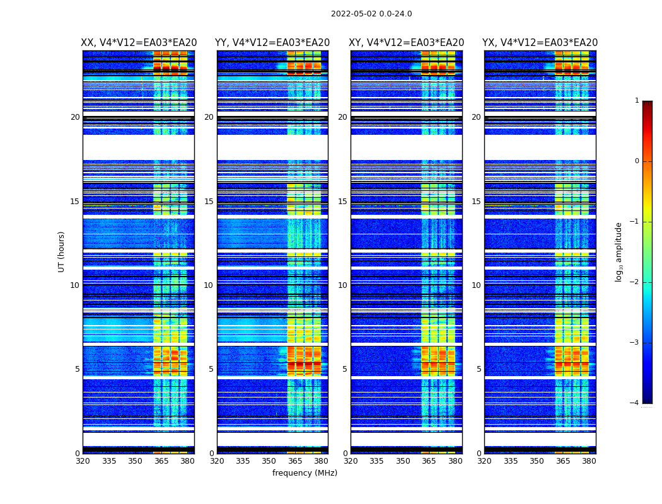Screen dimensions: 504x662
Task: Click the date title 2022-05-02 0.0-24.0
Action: tap(371, 14)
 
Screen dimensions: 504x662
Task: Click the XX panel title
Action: tap(139, 43)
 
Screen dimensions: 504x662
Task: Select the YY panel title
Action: tap(272, 43)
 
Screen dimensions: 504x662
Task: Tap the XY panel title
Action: tap(407, 43)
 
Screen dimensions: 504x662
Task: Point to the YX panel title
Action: tap(540, 43)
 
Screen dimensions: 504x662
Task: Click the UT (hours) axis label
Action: tap(62, 251)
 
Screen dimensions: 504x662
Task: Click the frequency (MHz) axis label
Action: tap(305, 473)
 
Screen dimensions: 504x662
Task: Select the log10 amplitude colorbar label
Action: tap(619, 251)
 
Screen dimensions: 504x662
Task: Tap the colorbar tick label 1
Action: tap(637, 101)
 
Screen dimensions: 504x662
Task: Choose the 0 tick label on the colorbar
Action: tap(637, 161)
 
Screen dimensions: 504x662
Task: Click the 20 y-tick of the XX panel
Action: tap(75, 117)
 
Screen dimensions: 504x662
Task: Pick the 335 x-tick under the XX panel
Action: tap(109, 461)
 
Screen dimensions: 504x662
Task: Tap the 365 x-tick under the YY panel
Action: tap(295, 461)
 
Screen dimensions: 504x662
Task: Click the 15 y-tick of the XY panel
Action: tap(342, 202)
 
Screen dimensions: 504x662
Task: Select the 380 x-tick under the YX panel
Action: tap(589, 461)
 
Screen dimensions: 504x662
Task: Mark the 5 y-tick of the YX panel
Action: tap(479, 369)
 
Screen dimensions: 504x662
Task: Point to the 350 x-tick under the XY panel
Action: tap(403, 461)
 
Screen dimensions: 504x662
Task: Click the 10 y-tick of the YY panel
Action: tap(209, 285)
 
